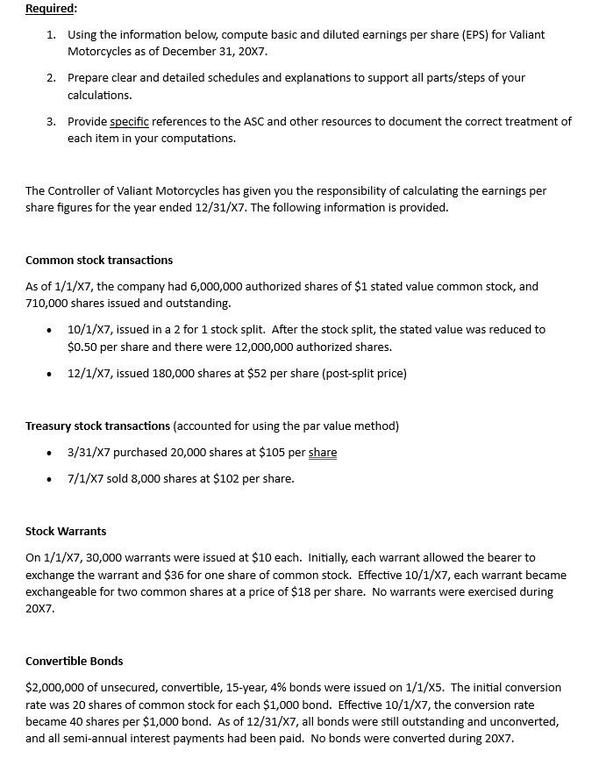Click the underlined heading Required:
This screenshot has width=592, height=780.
[51, 9]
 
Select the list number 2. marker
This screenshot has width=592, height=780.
[52, 77]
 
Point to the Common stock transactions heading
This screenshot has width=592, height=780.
[99, 260]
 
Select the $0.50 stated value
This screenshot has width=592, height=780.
[83, 347]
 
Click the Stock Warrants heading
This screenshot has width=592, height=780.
[66, 531]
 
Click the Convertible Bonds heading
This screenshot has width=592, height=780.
[74, 661]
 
